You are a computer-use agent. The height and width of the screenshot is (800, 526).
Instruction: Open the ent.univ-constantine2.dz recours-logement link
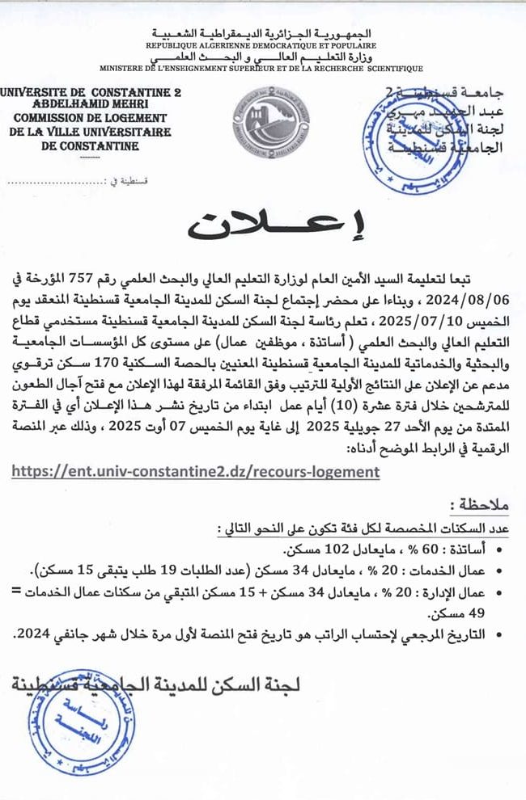[195, 470]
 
